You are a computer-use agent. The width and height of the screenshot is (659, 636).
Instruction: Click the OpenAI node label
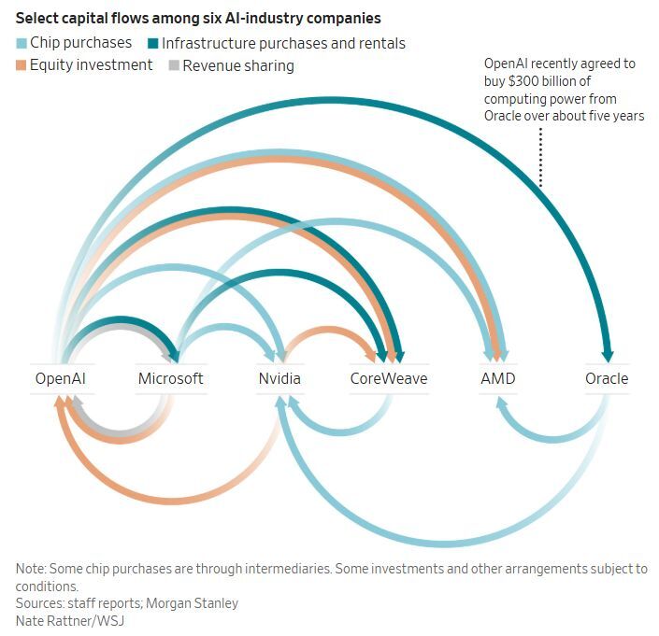(60, 378)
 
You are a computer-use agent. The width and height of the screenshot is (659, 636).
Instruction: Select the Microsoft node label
(170, 378)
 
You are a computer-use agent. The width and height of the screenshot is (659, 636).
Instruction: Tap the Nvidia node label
(279, 378)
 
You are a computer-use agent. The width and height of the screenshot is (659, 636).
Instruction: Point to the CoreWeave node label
(388, 378)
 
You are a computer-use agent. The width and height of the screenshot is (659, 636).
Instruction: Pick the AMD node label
(497, 378)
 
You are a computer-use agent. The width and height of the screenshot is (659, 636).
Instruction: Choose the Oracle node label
(607, 378)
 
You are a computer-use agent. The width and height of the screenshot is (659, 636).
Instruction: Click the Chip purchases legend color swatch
(21, 43)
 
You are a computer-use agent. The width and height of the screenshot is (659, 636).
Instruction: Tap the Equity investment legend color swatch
(21, 65)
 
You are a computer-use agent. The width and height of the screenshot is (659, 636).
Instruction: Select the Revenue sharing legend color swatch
(173, 65)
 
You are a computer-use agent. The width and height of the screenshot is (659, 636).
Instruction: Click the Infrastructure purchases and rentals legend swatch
(151, 43)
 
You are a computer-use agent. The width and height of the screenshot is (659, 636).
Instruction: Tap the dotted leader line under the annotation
(539, 154)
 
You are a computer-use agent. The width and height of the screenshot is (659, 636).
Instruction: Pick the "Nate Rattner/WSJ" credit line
(64, 620)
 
